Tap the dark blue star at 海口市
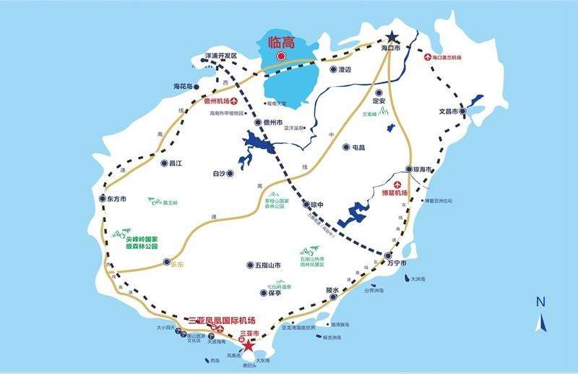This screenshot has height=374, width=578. tap(392, 37)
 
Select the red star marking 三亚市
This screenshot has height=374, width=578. tap(249, 345)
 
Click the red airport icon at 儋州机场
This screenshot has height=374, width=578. tap(234, 102)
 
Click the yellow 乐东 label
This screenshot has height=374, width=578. tap(177, 264)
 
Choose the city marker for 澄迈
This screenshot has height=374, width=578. tap(334, 69)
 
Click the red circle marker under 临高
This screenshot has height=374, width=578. tap(283, 56)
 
